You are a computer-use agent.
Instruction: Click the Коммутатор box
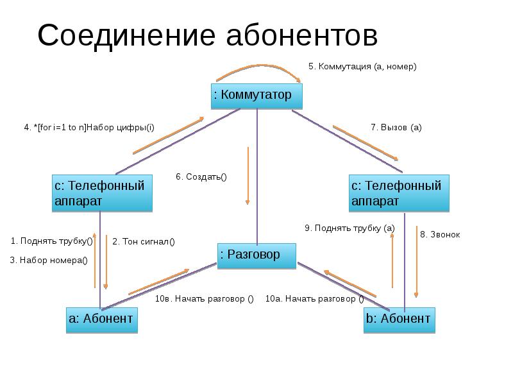click(256, 96)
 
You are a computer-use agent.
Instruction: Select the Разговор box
click(257, 256)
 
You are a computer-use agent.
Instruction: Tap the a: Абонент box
click(102, 320)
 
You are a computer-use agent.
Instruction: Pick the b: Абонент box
click(399, 320)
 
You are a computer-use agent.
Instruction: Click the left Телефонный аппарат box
click(102, 193)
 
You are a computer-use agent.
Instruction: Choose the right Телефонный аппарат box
click(399, 193)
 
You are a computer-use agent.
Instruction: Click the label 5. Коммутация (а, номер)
click(362, 67)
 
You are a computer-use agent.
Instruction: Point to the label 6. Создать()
click(201, 177)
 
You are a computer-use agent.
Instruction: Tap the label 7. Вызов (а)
click(396, 127)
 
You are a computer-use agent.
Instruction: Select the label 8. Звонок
click(440, 234)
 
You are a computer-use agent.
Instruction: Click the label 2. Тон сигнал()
click(144, 242)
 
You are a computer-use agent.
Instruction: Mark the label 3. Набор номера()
click(49, 261)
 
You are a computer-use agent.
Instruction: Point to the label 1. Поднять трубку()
click(52, 241)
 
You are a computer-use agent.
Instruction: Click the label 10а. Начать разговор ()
click(314, 298)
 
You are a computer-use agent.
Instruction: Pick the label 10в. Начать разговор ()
click(204, 298)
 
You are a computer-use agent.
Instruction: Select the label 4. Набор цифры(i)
click(89, 127)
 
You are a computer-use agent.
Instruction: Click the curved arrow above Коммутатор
click(258, 65)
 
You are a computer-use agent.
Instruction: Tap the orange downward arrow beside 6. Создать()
click(248, 176)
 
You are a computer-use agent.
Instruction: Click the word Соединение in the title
click(126, 35)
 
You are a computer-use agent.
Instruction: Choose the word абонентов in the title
click(302, 35)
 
